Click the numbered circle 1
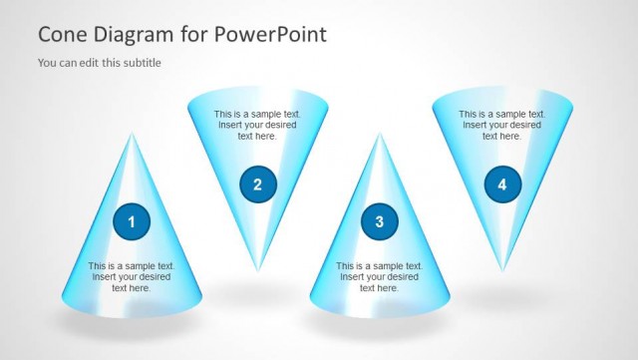coord(132,221)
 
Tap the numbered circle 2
coord(257,183)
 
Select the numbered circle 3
coord(379,221)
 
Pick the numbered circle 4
coord(501,183)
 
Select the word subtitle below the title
coord(140,63)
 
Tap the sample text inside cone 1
coord(132,277)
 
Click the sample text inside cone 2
coord(257,125)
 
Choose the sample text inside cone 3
coord(379,277)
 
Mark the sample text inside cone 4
coord(501,125)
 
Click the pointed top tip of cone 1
coord(132,134)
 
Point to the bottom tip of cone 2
coord(257,270)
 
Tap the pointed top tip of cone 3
coord(379,134)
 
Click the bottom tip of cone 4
coord(501,270)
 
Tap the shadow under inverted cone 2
coord(259,295)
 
